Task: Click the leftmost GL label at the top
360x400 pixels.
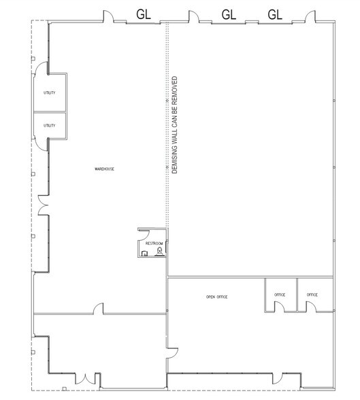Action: (x=144, y=14)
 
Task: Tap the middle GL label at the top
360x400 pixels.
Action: (x=229, y=14)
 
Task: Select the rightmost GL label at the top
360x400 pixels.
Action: (x=275, y=14)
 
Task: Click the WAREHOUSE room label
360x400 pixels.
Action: (x=104, y=168)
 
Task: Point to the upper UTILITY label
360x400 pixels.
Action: (x=49, y=93)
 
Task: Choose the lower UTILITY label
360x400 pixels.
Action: (x=49, y=125)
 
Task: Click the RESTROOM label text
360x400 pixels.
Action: (x=154, y=243)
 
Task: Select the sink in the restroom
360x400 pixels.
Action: (x=145, y=253)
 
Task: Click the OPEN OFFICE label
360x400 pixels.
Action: (x=216, y=297)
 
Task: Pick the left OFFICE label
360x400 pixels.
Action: (x=280, y=295)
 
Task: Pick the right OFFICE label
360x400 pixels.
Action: (x=312, y=295)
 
